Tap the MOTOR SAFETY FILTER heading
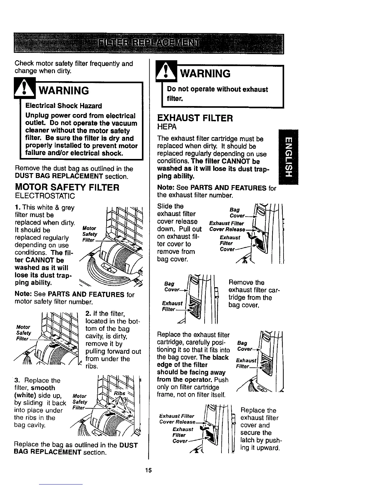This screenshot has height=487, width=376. [x=67, y=187]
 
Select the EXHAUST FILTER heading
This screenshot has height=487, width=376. [x=195, y=118]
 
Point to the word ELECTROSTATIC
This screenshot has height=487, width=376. [x=45, y=196]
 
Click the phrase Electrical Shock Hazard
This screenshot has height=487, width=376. [x=64, y=106]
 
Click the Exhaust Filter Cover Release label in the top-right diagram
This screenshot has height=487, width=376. [x=227, y=227]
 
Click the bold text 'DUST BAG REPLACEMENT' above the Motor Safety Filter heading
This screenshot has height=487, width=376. [x=58, y=176]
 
